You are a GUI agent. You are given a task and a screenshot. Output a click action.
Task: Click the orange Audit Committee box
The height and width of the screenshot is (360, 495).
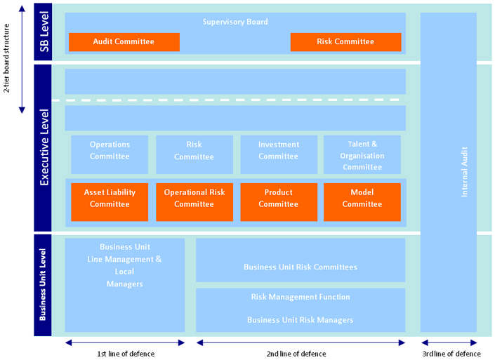[124, 42]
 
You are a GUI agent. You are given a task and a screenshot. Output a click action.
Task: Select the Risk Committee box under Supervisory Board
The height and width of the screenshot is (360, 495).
[345, 42]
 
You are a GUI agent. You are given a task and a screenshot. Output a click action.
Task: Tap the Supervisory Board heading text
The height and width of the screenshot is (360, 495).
[235, 22]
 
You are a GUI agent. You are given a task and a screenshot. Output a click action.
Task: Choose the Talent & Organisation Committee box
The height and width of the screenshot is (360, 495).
[362, 155]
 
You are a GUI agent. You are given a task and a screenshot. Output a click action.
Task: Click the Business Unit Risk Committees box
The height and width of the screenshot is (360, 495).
[301, 267]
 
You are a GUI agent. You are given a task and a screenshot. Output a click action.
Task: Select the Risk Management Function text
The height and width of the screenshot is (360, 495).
[301, 297]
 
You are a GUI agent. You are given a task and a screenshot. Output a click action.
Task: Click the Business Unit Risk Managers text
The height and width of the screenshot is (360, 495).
[301, 320]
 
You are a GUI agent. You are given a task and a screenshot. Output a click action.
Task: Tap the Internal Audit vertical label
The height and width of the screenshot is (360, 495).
[464, 171]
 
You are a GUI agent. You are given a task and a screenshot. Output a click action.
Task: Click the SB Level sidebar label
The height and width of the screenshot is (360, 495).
[44, 32]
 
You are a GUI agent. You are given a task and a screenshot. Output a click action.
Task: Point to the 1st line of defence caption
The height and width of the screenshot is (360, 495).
[126, 354]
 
